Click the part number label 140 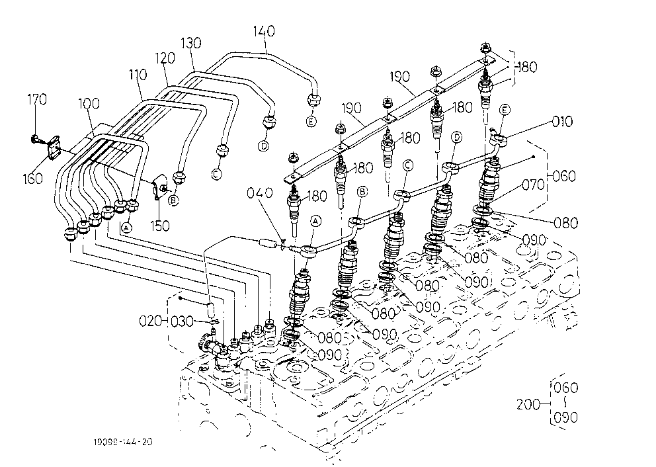click(264, 31)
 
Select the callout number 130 click(190, 43)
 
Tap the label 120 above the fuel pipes click(165, 58)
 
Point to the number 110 click(138, 75)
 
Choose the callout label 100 click(89, 103)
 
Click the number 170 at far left click(37, 100)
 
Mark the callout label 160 click(33, 178)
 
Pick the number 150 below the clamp click(160, 226)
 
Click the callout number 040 click(259, 193)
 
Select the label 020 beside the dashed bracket click(150, 321)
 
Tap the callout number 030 click(183, 321)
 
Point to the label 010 click(562, 122)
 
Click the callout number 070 click(534, 185)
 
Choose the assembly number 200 click(528, 405)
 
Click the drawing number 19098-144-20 click(123, 441)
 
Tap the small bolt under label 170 click(35, 138)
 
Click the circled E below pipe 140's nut click(311, 121)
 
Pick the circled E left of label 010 click(505, 110)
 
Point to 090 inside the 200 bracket click(565, 417)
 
